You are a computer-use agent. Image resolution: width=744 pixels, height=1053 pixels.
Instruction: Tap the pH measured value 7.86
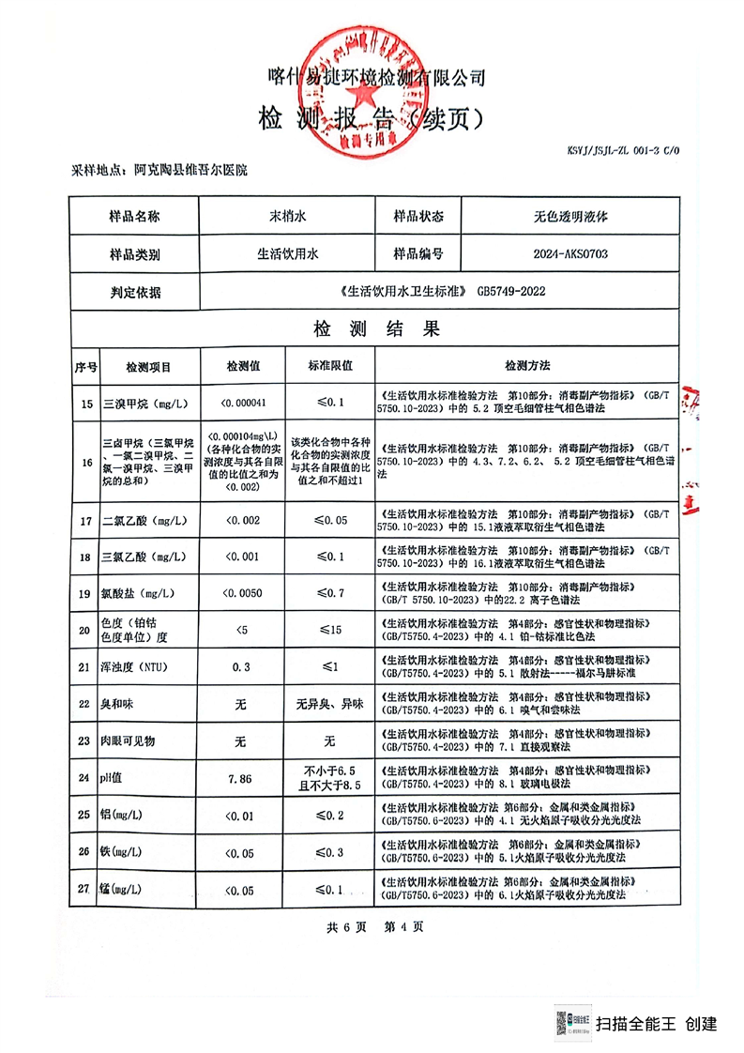coord(238,778)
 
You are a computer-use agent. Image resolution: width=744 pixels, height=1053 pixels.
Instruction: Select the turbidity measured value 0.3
coord(238,666)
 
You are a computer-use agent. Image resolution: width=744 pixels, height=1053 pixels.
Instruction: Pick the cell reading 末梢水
coord(287,216)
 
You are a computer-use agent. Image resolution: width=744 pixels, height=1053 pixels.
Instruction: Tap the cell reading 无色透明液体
coord(569,216)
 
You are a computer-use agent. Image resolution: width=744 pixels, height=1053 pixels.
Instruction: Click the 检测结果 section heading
coord(375,329)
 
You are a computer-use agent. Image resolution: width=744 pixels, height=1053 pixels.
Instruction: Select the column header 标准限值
coord(329,366)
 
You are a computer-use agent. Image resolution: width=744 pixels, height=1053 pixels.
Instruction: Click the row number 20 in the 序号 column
coord(86,629)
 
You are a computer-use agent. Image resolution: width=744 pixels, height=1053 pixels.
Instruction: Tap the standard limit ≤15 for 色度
coord(329,629)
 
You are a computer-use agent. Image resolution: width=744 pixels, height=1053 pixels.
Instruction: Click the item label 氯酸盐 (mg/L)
coord(137,592)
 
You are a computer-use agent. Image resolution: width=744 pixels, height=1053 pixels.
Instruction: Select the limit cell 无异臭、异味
coord(329,704)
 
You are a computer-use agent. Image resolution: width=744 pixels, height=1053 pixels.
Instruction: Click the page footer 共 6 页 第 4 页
coord(374,927)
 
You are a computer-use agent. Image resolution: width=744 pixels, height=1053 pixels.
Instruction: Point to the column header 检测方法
coord(527,366)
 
